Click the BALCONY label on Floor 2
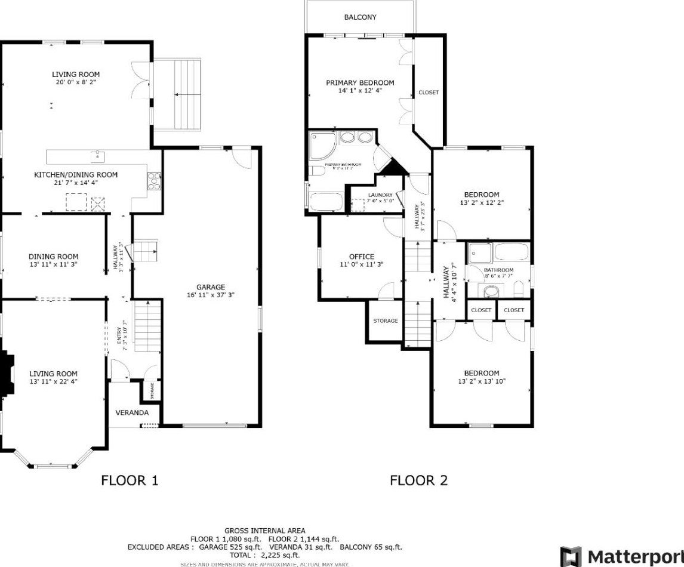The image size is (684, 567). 360,17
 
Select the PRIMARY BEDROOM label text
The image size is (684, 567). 360,83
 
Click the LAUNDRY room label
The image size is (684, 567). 380,195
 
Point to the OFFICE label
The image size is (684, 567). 361,257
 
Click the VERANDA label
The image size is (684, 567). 131,412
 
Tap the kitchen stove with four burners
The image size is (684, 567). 155,180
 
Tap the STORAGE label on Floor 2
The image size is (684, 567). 386,321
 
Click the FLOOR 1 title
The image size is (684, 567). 130,480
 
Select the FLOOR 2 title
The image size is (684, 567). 418,480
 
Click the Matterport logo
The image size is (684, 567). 621,556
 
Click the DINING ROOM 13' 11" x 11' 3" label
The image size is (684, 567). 53,260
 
